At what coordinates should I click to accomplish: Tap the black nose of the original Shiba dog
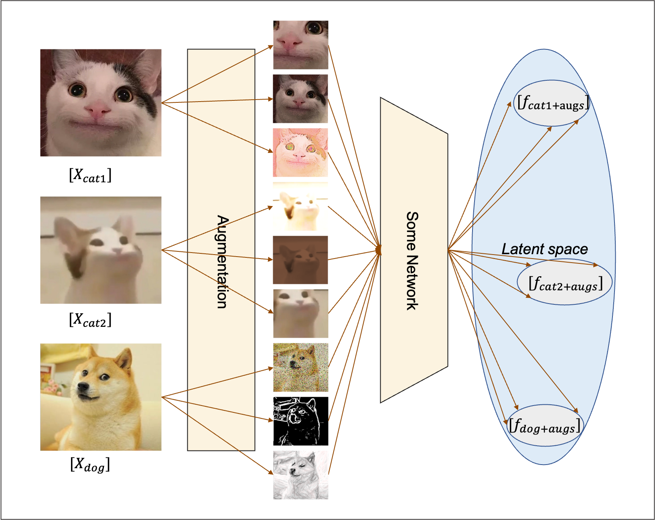pos(83,387)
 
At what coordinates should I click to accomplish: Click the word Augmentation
pos(222,262)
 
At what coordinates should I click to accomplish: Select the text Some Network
pos(412,261)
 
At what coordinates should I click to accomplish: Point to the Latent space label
pos(544,249)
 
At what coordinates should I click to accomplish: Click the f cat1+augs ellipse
pos(552,103)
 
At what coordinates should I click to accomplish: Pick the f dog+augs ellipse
pos(545,426)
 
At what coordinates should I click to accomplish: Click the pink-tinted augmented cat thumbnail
pos(300,153)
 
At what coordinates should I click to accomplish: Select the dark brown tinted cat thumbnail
pos(300,260)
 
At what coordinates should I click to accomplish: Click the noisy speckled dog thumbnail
pos(300,367)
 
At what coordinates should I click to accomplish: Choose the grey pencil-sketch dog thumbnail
pos(300,475)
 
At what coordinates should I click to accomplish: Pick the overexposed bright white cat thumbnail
pos(300,206)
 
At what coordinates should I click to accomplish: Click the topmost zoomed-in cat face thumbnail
pos(300,45)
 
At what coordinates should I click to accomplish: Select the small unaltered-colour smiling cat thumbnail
pos(300,99)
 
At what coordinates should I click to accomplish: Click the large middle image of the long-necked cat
pos(101,250)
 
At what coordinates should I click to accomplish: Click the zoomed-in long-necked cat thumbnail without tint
pos(300,313)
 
